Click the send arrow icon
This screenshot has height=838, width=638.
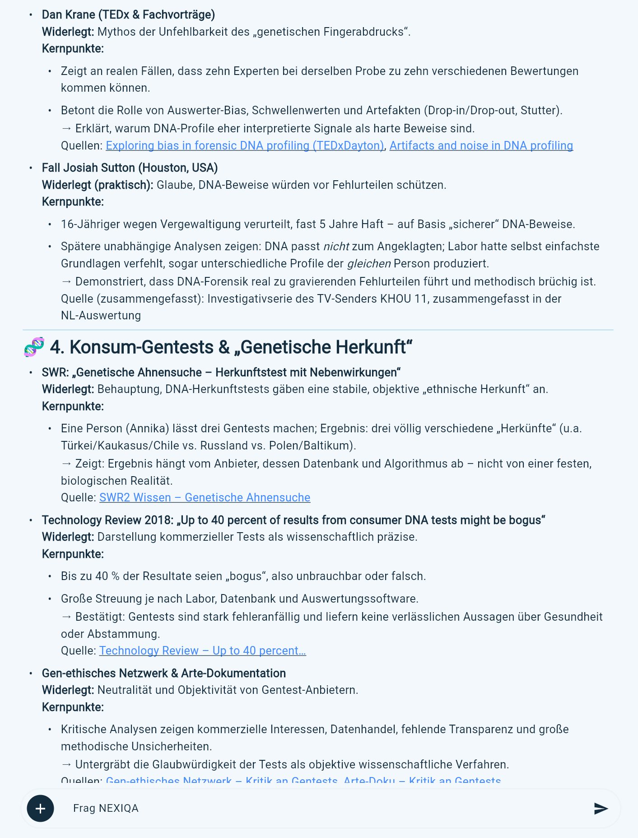(601, 808)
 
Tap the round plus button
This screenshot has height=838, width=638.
(40, 808)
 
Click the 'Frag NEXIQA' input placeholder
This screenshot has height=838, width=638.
(106, 808)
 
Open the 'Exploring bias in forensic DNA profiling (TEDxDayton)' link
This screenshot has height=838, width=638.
(245, 145)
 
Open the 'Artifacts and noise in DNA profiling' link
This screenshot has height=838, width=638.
(481, 145)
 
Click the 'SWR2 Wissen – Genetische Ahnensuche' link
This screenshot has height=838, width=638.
(205, 497)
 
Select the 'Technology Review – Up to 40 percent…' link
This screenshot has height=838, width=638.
(202, 651)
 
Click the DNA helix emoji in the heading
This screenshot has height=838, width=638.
(34, 347)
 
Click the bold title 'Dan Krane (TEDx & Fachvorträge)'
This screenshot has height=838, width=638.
(128, 14)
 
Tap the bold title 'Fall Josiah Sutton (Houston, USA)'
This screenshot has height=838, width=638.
(130, 168)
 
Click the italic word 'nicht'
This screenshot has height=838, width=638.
(336, 246)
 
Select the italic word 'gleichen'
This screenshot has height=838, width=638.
(368, 263)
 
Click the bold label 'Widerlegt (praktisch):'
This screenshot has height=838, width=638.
(98, 185)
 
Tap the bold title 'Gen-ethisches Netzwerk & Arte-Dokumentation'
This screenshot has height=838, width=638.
(163, 673)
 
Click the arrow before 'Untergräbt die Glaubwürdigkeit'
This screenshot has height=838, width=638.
(66, 764)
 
